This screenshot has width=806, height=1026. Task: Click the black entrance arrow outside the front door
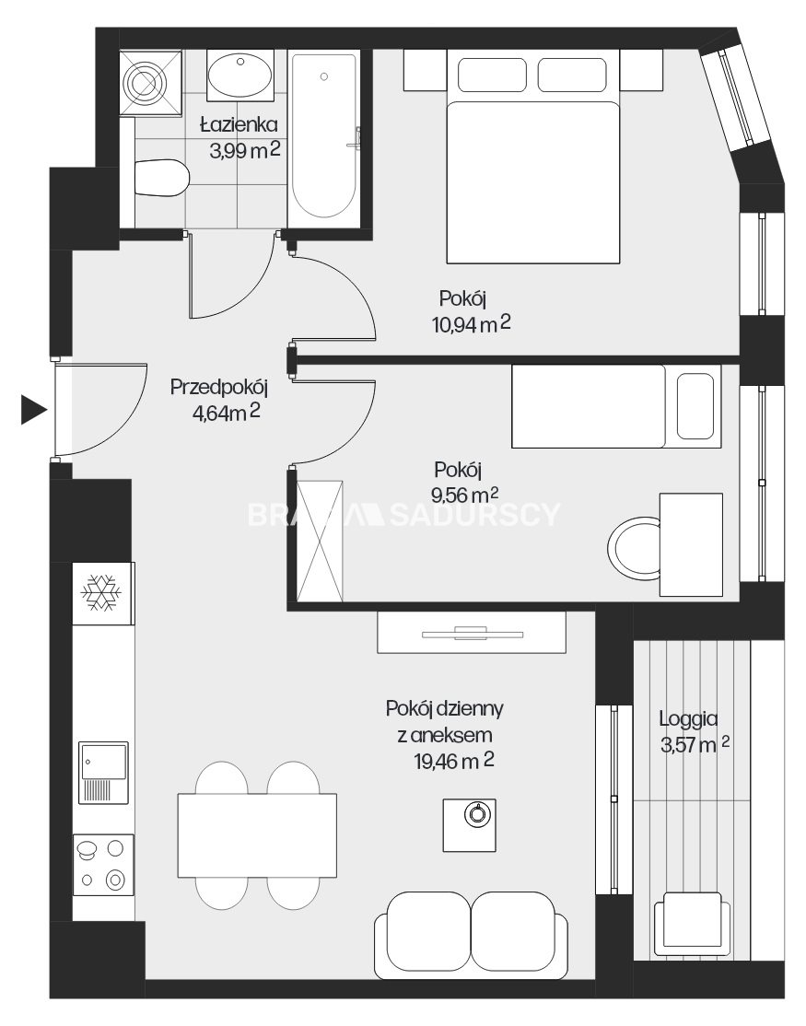coord(33,410)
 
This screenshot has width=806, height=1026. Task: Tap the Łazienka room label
coord(239,123)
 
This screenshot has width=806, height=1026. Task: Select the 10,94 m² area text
coord(471,323)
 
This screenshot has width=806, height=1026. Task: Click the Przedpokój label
coord(219,387)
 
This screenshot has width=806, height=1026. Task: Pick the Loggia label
coord(688,718)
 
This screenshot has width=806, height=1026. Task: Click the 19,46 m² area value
coord(454,761)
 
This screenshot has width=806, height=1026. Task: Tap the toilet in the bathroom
coord(161,178)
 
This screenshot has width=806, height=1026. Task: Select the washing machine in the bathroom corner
coord(150,83)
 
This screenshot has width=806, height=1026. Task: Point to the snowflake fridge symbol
coord(101,593)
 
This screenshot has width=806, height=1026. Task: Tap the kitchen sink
coord(103,772)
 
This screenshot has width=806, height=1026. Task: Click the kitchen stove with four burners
coord(103,865)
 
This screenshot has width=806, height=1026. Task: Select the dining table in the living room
coord(257,835)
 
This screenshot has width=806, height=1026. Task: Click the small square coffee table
coord(470,825)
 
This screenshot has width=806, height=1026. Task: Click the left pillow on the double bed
coord(492,76)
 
